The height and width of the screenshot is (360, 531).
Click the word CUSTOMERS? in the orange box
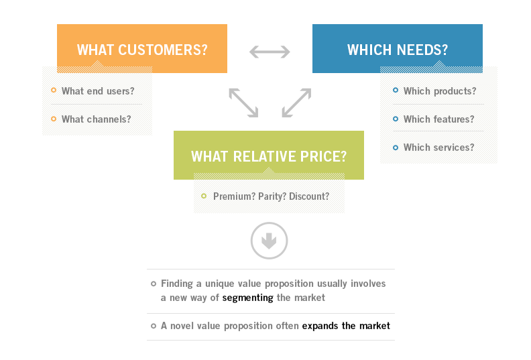(162, 50)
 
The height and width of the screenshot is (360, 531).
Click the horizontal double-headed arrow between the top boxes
(270, 52)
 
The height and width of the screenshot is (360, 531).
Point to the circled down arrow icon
(270, 241)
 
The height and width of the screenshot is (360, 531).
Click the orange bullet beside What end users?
(54, 90)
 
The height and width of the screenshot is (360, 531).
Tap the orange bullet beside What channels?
(54, 119)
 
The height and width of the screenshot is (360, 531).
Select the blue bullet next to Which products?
(395, 90)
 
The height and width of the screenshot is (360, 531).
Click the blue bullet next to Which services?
(395, 147)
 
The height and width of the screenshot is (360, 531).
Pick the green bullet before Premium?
(204, 196)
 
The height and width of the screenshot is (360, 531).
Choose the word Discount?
(309, 196)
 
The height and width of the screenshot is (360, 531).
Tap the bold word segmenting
(247, 298)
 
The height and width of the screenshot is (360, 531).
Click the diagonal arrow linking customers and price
(243, 103)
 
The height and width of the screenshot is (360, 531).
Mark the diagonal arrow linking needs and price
(296, 103)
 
